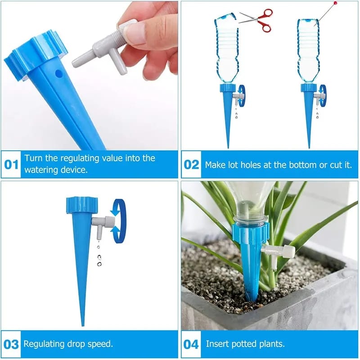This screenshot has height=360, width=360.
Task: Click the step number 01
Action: point(11,164)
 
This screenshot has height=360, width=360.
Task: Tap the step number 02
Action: point(192,164)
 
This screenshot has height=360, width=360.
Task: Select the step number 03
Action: point(11,344)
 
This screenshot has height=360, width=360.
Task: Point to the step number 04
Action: point(192,344)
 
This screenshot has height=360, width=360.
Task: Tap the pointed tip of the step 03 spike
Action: point(82,323)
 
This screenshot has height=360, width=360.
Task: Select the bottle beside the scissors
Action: point(226,49)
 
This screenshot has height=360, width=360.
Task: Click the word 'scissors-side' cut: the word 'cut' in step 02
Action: point(334,165)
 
